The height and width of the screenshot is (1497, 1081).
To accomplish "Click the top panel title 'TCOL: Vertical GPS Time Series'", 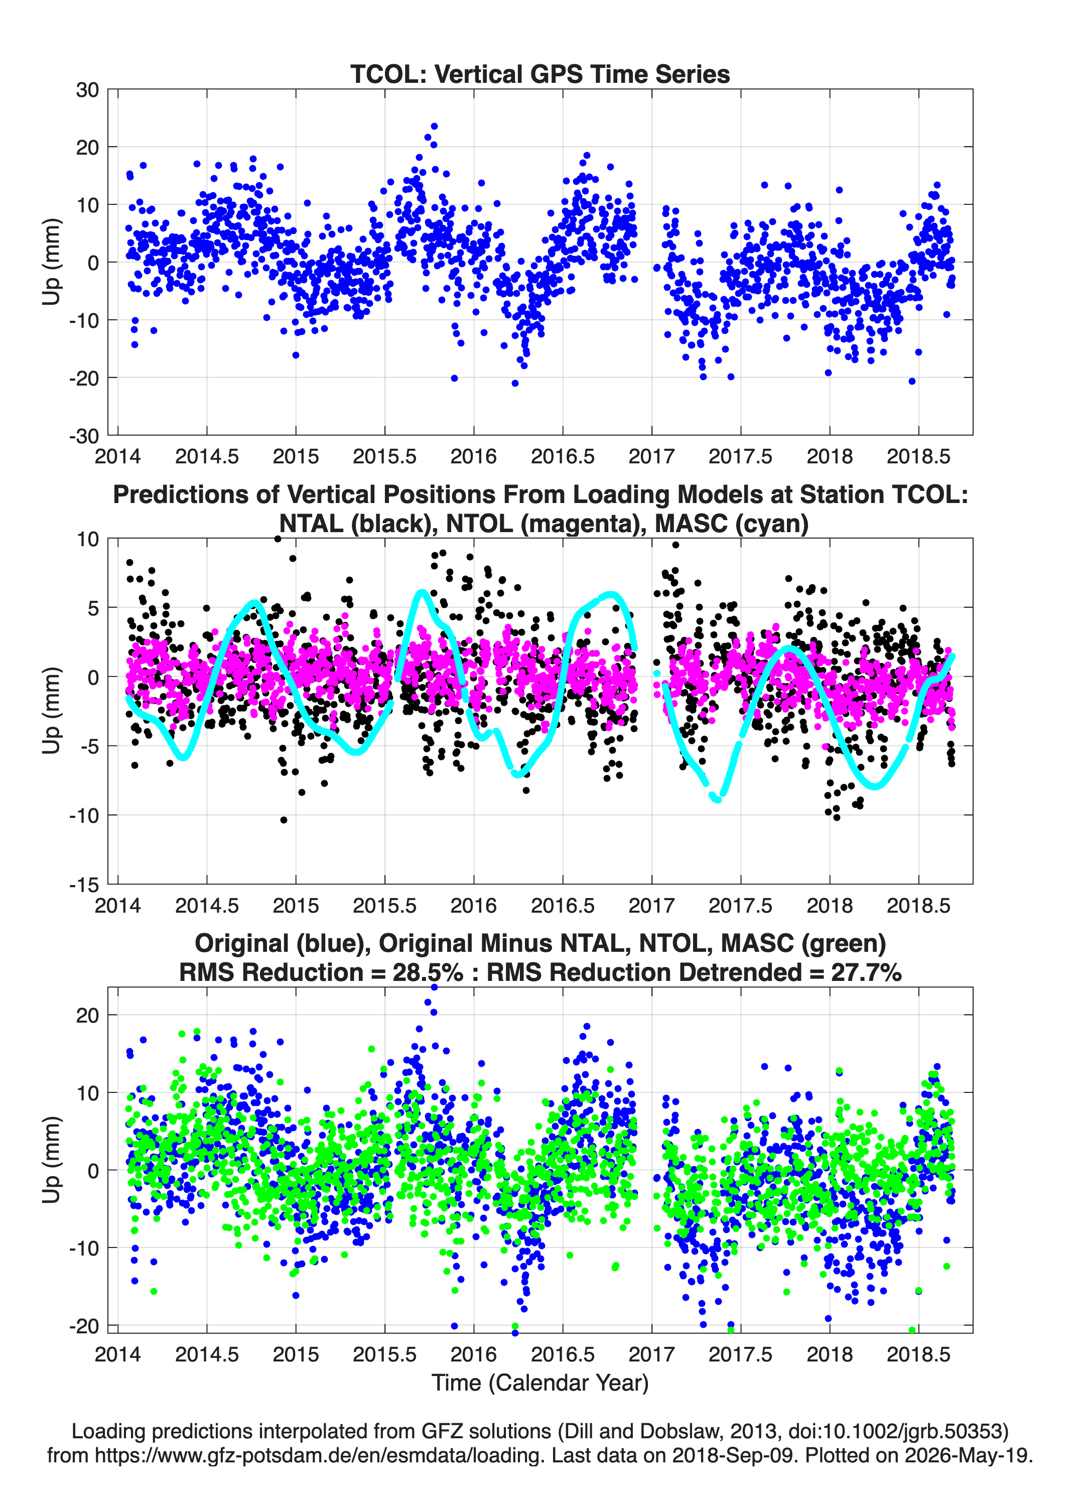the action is coord(540,74).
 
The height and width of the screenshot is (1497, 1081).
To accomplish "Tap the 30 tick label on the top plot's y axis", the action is coord(87,90).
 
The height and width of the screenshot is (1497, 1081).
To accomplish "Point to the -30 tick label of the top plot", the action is coord(84,436).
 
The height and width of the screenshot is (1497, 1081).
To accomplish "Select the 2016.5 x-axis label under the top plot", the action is coord(562,456).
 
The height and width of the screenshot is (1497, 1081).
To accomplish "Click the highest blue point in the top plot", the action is coord(434,126).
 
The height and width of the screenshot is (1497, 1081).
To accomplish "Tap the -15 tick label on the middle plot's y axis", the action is coord(84,885).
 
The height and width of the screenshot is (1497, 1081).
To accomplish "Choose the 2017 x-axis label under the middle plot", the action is coord(651,905).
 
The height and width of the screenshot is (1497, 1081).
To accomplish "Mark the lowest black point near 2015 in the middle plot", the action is coord(284,820).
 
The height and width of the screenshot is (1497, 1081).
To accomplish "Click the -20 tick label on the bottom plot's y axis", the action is coord(84,1325).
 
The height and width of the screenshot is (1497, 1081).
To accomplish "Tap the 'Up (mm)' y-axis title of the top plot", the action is coord(52,262).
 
